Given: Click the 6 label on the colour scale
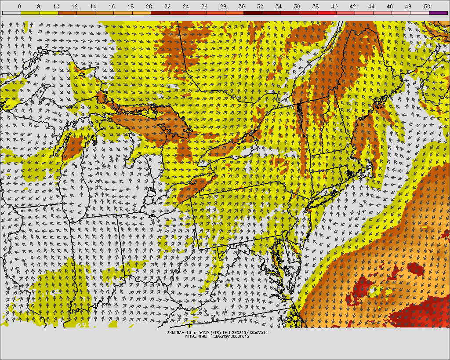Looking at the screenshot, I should point(20,7).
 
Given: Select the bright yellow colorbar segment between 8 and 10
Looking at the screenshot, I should point(48,13).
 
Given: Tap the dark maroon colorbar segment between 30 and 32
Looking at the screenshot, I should point(252,13).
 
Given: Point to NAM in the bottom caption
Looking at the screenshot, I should point(181,333).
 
